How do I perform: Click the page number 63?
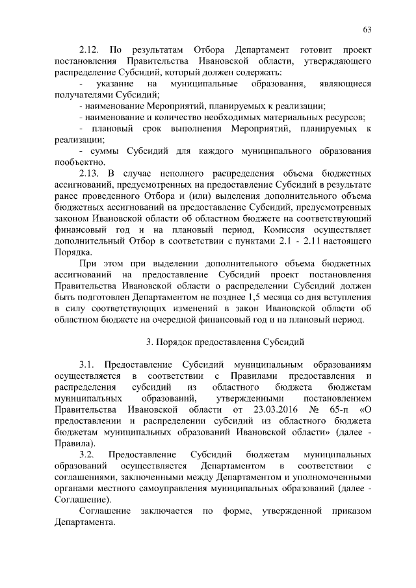pos(367,30)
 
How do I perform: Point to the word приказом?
pos(350,511)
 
